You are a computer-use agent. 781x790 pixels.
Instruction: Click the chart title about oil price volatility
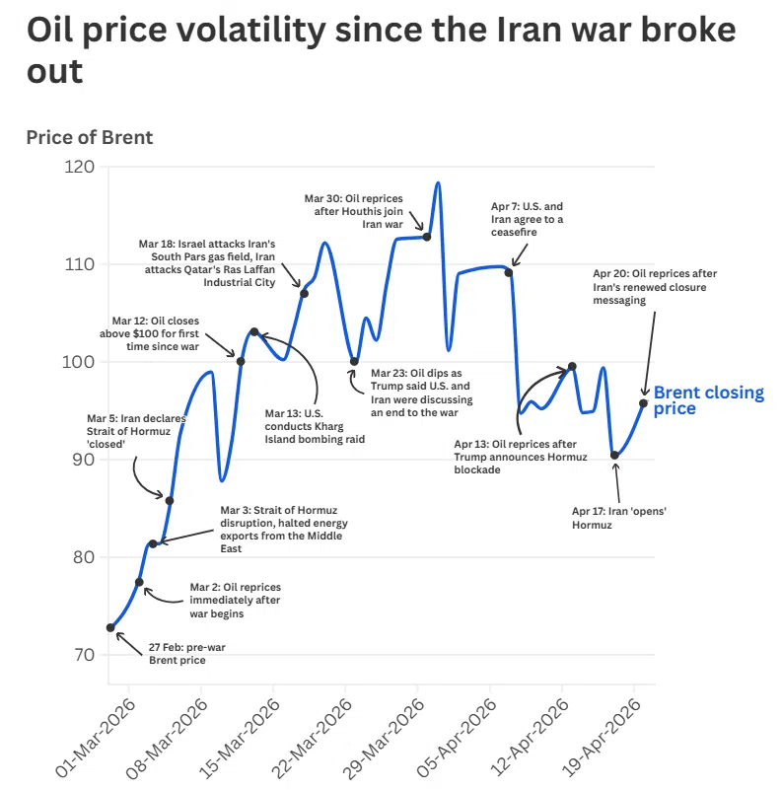point(380,49)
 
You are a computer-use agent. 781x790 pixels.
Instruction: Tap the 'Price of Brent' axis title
point(90,137)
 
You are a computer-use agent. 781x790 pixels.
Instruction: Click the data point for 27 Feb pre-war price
point(110,627)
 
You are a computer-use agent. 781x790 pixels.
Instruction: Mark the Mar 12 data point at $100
point(241,361)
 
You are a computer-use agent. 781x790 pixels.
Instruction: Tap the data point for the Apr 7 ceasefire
point(509,272)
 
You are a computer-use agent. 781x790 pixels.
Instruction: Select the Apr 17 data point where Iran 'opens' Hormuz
point(615,455)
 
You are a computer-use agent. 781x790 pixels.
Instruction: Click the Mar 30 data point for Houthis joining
point(427,237)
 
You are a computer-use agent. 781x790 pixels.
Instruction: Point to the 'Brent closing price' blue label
point(708,400)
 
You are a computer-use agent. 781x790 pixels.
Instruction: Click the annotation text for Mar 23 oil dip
point(421,394)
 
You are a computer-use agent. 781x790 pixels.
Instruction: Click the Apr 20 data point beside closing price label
point(643,402)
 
